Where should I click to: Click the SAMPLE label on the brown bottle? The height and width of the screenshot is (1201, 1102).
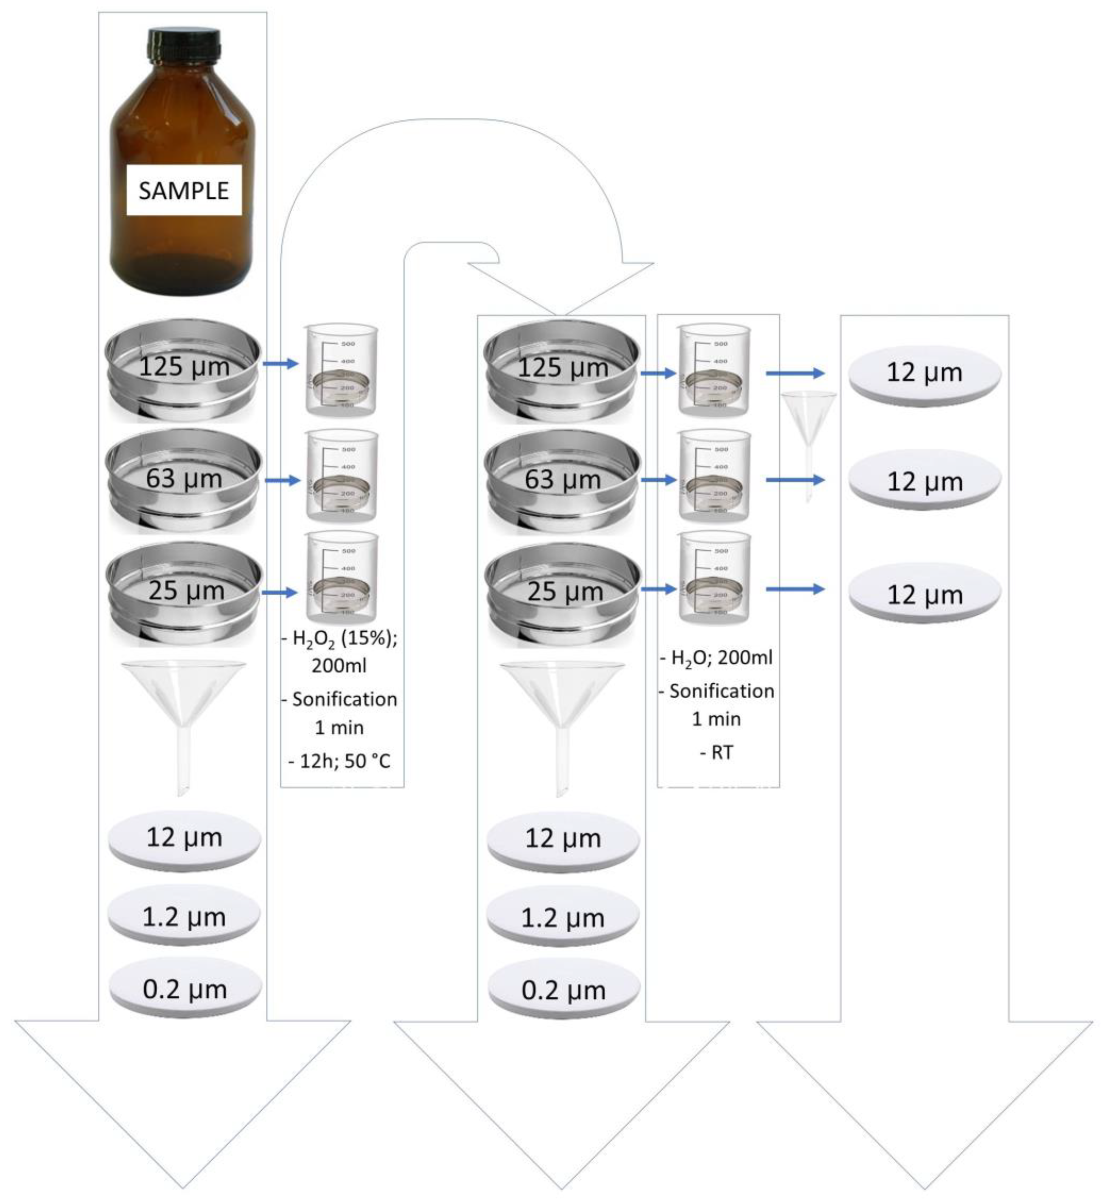point(184,190)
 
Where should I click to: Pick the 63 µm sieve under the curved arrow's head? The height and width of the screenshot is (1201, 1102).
point(562,480)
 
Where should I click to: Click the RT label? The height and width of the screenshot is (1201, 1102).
point(721,752)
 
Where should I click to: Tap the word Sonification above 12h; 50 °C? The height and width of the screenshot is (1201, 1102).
point(344,699)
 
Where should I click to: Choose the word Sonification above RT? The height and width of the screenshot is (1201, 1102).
point(721,691)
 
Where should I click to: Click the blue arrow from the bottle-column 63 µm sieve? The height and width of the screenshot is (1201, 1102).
point(281,480)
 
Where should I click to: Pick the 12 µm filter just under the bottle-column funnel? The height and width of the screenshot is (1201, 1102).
point(184,837)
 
